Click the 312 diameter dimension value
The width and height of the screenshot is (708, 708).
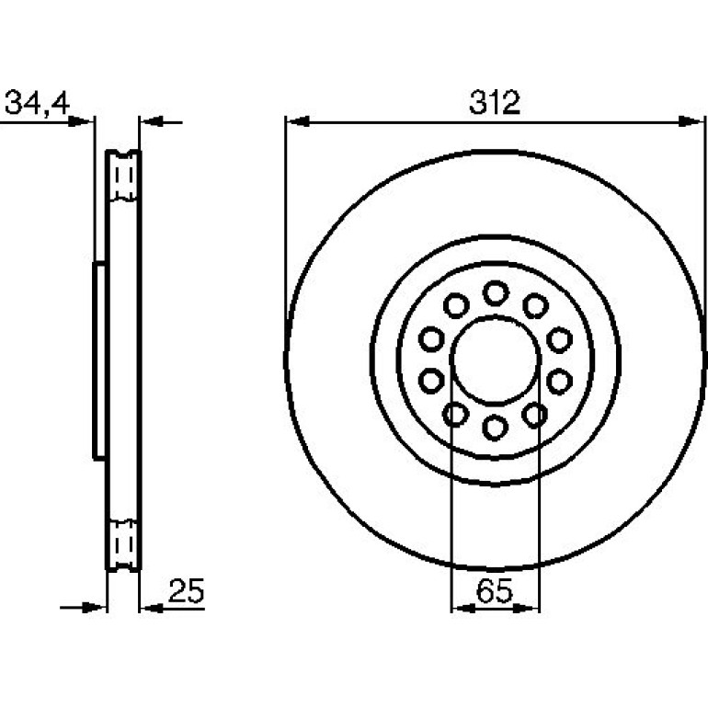[x=495, y=102]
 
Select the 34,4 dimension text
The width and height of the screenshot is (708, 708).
[x=37, y=103]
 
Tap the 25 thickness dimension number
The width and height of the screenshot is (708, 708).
[x=186, y=590]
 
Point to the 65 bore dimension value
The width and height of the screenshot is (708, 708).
[x=495, y=590]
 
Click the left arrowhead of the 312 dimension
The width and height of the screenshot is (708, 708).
[x=298, y=121]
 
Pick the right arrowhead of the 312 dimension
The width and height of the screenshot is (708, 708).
[x=691, y=121]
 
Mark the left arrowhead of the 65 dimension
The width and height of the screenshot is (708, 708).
[x=463, y=609]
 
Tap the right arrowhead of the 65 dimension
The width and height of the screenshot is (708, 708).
[x=527, y=609]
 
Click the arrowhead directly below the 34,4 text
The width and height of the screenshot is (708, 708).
[x=80, y=121]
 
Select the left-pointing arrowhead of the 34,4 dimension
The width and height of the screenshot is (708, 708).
[x=152, y=121]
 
